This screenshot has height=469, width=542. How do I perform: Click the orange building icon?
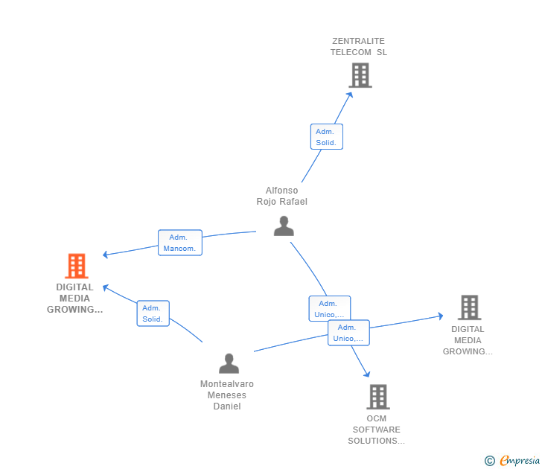pos(76,266)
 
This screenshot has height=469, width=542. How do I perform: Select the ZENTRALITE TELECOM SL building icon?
pos(360,75)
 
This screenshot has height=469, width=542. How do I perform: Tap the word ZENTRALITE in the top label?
pos(359,41)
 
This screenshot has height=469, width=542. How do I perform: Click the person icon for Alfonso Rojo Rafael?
pos(284,226)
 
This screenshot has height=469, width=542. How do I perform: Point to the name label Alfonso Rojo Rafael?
pos(281,196)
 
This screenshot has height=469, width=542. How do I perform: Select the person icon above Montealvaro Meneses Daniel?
pos(229,363)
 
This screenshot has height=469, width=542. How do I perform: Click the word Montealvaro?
pos(227,384)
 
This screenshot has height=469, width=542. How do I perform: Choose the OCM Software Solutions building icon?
pos(377,397)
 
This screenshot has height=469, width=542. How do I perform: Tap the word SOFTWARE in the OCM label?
pos(376,430)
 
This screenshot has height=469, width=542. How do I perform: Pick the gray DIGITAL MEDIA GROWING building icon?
pos(469,307)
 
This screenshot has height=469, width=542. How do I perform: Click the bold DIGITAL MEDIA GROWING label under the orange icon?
pos(74,298)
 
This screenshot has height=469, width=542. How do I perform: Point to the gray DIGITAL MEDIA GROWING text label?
pos(468,340)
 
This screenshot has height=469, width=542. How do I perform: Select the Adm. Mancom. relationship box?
pos(179,243)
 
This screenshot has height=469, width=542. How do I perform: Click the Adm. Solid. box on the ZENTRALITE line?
pos(326,136)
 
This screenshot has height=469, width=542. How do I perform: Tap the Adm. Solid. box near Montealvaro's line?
pos(153,313)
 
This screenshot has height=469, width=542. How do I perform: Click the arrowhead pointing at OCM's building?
pos(366,374)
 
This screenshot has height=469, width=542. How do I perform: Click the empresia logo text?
pos(519,461)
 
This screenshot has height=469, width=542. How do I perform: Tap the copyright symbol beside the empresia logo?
pos(490,461)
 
